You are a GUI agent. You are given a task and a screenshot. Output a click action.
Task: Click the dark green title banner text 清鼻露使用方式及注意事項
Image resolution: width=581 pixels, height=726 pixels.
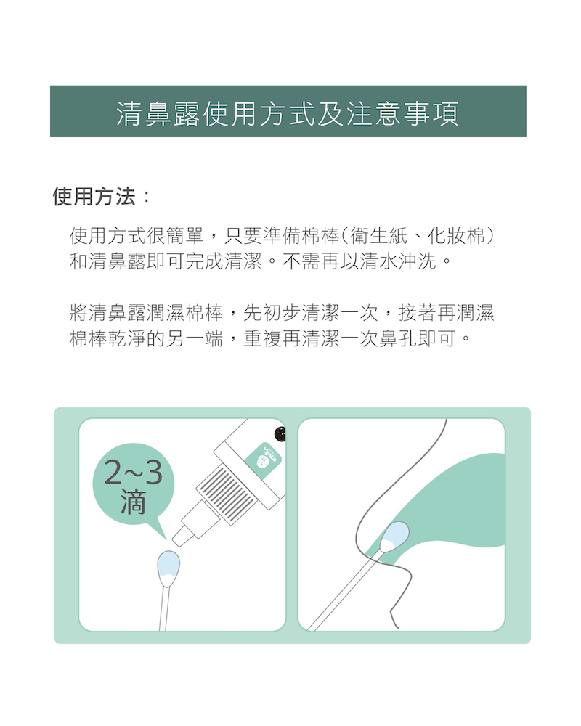pos(288,113)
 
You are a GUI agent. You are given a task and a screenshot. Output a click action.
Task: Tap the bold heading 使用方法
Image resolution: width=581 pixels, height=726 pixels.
pos(94,196)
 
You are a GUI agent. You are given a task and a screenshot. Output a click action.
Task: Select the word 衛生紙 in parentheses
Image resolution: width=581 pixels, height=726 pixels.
pos(379,236)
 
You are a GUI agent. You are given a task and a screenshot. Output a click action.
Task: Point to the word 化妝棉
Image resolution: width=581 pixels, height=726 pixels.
pos(456,236)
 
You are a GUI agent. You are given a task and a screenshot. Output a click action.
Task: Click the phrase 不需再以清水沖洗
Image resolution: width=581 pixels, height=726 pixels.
pos(359,261)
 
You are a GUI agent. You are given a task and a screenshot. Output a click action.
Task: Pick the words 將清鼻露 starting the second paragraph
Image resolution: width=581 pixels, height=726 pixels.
pos(107,313)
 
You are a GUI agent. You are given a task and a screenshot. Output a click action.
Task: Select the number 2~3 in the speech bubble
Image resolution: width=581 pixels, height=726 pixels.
pos(134,473)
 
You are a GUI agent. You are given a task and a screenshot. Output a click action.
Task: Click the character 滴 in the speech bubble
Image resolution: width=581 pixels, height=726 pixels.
pos(134,502)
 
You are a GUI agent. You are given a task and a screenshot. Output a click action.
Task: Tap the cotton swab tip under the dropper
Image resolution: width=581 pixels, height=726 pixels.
pos(168,568)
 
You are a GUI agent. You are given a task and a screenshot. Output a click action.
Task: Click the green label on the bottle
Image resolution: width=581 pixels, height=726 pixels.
pos(263,459)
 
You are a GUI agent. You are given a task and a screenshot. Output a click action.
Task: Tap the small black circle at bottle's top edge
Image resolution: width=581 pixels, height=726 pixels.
pos(280,434)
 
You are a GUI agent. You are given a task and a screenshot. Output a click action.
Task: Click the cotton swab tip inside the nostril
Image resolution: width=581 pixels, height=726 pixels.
pos(395,537)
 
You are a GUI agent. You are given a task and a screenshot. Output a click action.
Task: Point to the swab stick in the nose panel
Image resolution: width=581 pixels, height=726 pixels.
pos(345,590)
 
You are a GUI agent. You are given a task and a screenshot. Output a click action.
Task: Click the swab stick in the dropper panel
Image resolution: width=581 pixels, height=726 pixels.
pos(163,608)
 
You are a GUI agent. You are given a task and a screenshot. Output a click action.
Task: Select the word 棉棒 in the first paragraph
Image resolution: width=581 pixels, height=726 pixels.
pos(320,236)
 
